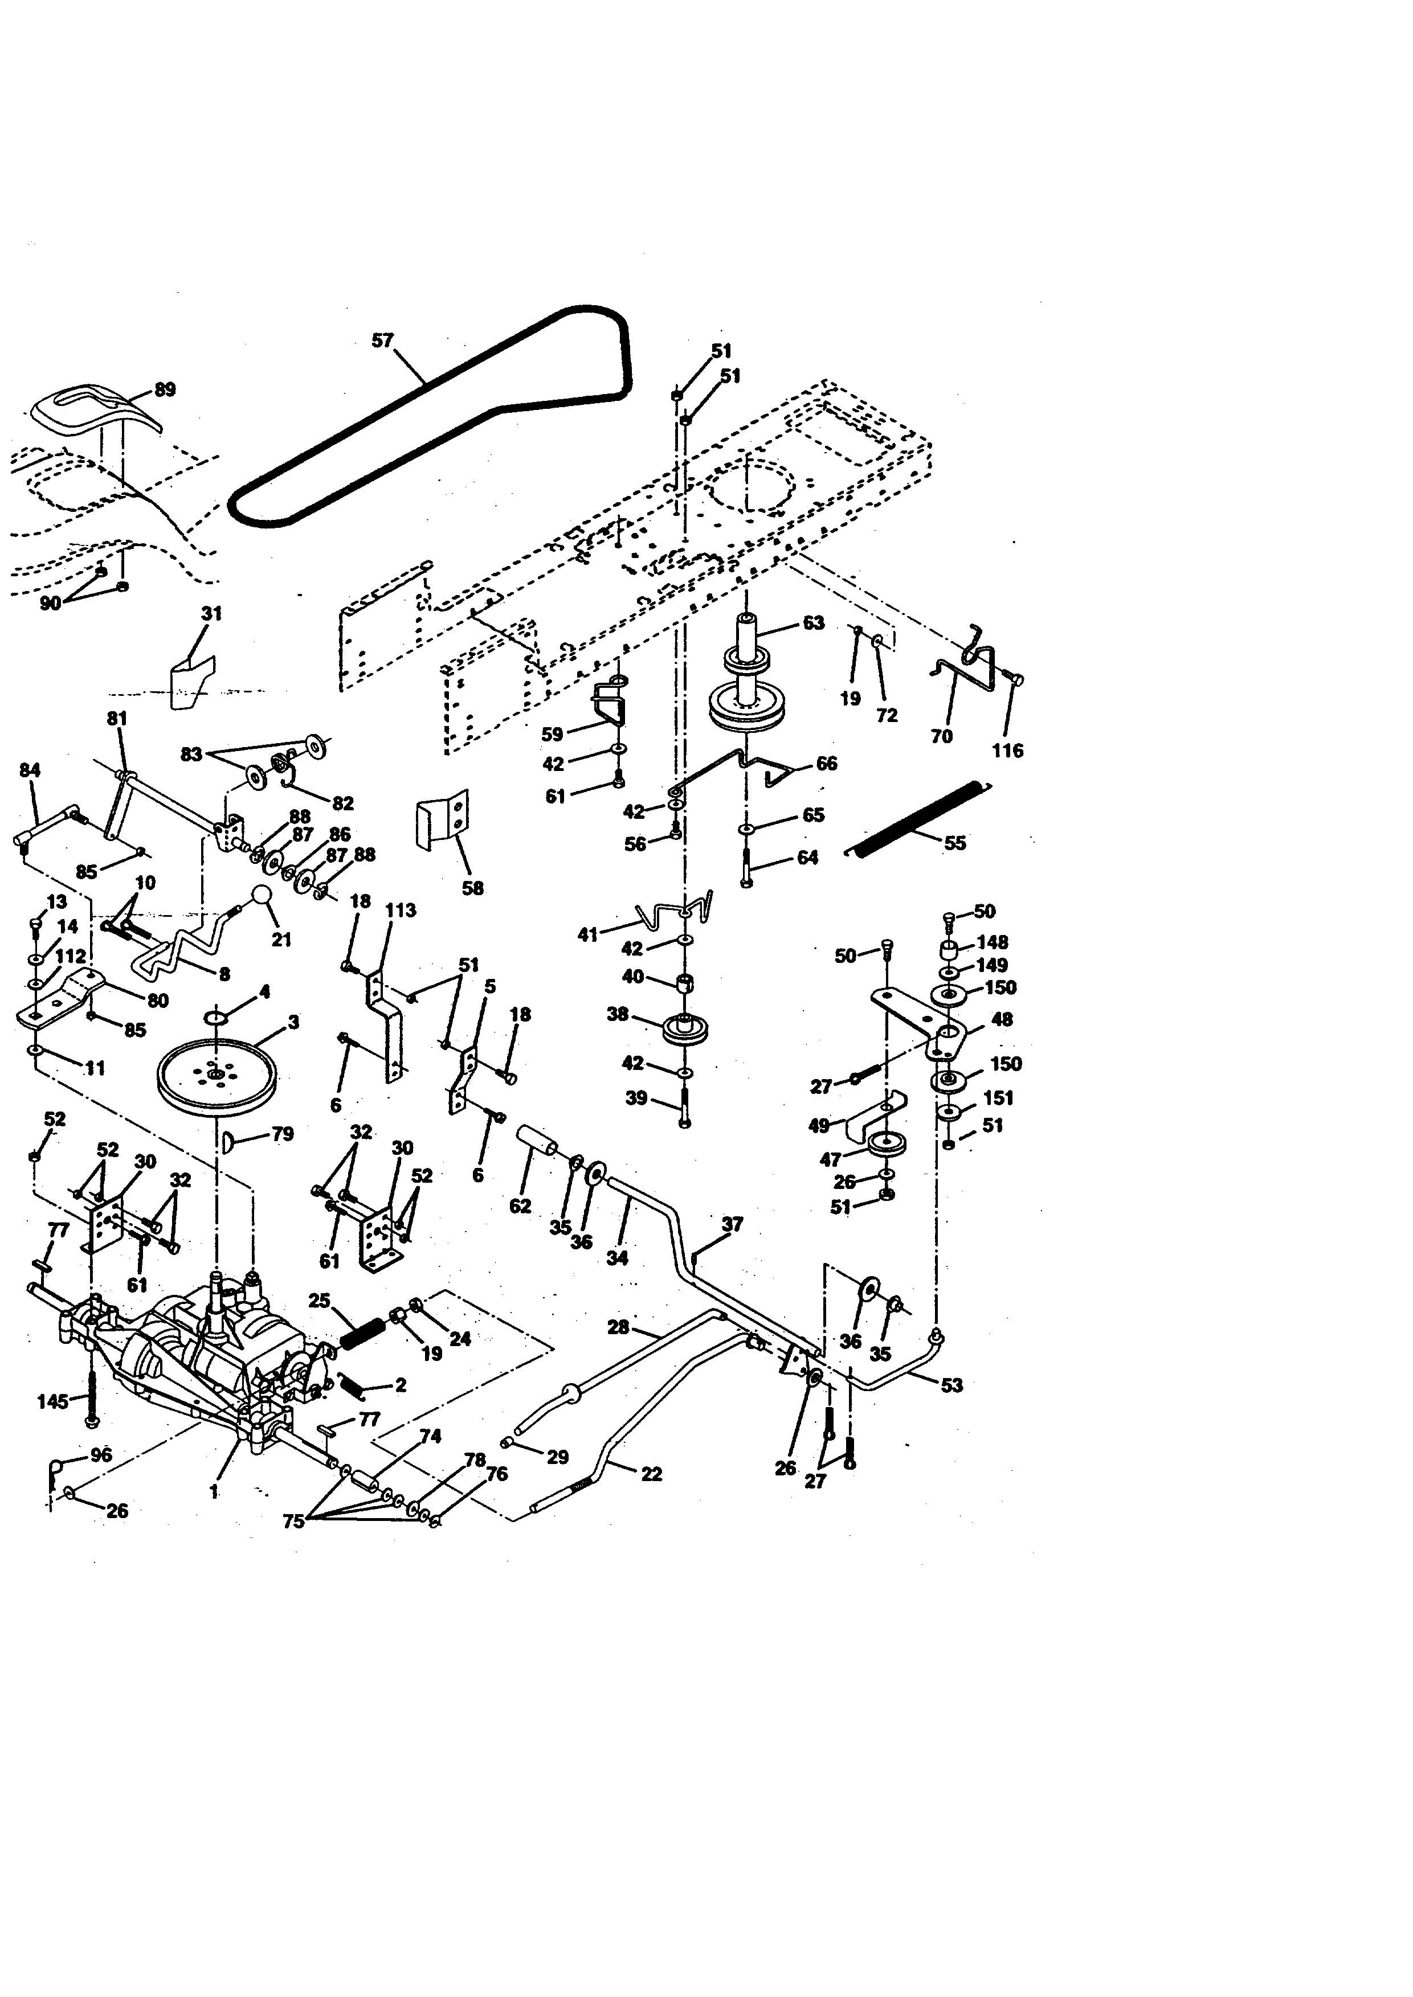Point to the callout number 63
tap(812, 623)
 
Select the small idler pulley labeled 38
tap(685, 1029)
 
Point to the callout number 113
tap(400, 911)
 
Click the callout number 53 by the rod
tap(952, 1385)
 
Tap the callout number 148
tap(992, 942)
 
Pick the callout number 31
tap(211, 613)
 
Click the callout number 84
tap(30, 770)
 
